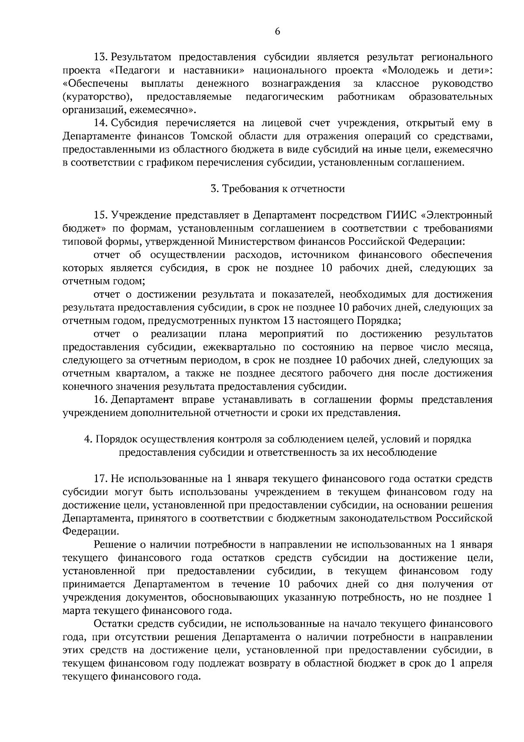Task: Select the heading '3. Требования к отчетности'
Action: pyautogui.click(x=277, y=189)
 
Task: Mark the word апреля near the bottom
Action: pyautogui.click(x=478, y=663)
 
